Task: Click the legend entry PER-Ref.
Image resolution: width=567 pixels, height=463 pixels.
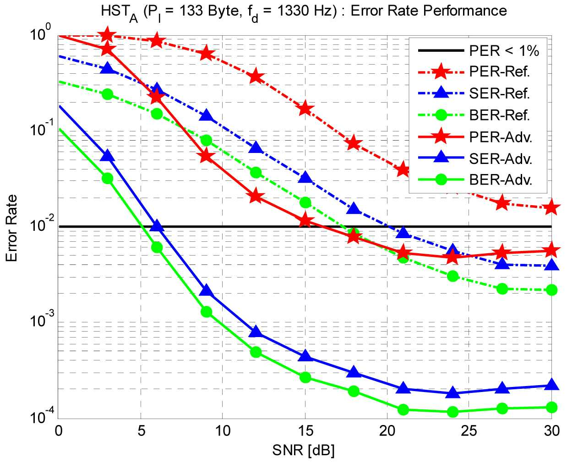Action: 500,72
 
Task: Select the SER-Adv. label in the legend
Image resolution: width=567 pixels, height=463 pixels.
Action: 501,159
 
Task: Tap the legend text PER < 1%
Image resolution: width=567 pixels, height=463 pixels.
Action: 504,50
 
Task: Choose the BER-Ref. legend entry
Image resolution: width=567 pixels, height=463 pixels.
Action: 500,115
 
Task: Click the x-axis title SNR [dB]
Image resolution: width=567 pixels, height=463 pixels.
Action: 304,450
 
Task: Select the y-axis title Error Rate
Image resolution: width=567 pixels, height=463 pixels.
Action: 11,228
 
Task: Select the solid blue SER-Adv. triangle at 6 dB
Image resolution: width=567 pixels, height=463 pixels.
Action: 157,226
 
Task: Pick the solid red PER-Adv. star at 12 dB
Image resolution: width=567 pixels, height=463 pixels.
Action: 256,196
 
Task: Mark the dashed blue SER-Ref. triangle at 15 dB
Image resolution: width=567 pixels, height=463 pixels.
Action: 305,177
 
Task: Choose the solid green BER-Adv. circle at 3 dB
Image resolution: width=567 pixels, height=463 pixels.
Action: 108,178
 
